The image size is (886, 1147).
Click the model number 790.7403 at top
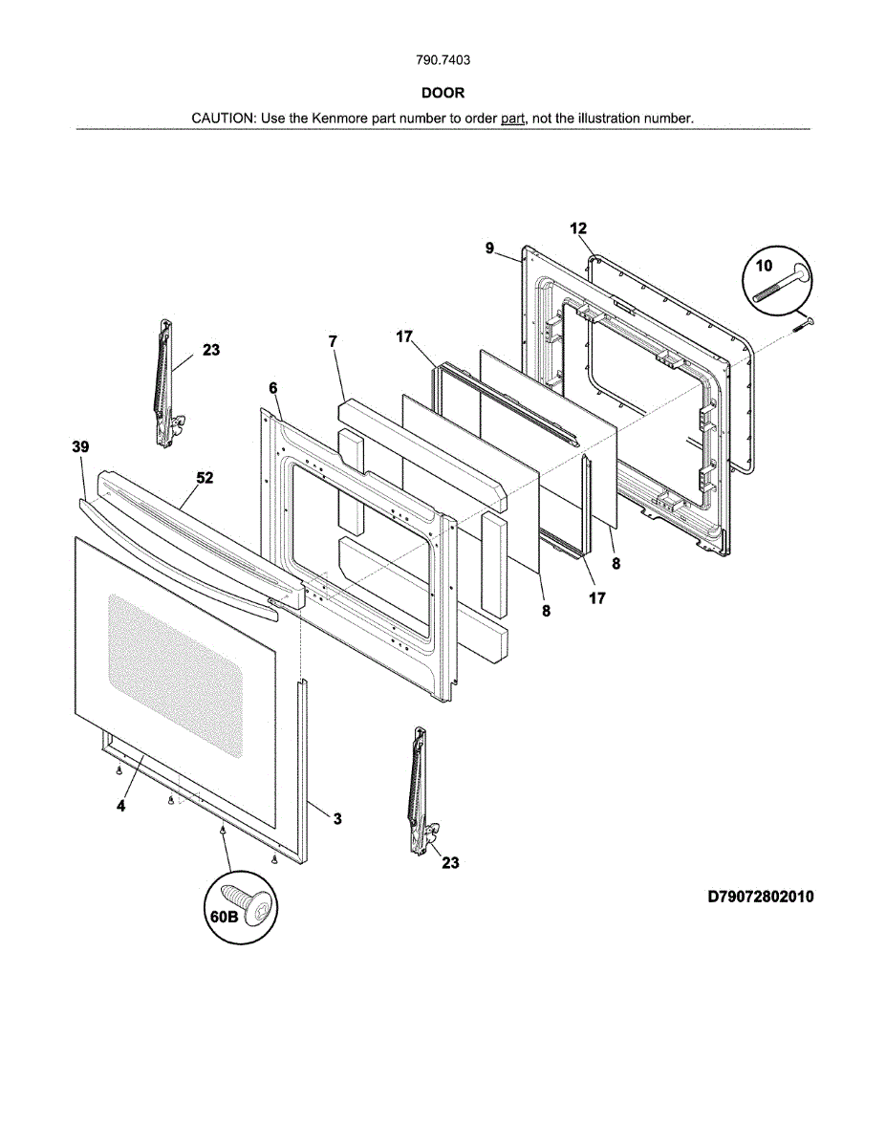pos(443,59)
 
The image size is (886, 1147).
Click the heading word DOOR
pos(443,93)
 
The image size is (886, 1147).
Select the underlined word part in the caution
pos(513,119)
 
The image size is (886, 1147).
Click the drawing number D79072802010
pos(761,897)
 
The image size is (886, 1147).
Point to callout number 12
pos(578,228)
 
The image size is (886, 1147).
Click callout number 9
pos(489,249)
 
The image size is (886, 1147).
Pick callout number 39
pos(80,446)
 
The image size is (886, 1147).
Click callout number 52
pos(205,477)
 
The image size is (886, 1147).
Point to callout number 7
pos(333,341)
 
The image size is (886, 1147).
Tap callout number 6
pos(273,388)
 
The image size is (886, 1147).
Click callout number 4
pos(121,806)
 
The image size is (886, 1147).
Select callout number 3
pos(336,818)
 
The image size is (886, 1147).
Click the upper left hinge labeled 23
pos(165,382)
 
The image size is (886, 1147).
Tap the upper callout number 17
pos(404,336)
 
